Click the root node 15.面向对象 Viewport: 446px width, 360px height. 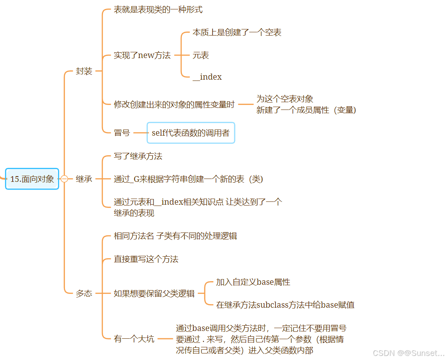tap(32, 179)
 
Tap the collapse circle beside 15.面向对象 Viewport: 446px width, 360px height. tap(64, 179)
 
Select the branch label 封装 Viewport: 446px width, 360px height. tap(84, 72)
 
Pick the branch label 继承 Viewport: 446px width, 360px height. tap(84, 179)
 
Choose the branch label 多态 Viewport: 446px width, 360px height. tap(84, 293)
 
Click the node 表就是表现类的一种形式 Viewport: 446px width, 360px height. tap(158, 10)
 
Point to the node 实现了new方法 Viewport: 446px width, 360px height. tap(142, 56)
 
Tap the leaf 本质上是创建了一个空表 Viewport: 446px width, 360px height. tap(237, 33)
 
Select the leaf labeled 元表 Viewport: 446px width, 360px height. tap(201, 56)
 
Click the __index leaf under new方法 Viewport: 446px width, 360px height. tap(207, 77)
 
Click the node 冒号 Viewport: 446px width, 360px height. tap(122, 133)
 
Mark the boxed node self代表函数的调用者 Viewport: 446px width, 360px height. tap(191, 133)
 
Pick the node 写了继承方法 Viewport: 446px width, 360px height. tap(138, 156)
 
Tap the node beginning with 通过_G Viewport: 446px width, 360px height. tap(188, 179)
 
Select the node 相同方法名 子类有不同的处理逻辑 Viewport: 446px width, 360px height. tap(175, 236)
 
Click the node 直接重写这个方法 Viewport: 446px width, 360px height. tap(146, 259)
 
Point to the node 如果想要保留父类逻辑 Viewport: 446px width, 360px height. tap(154, 293)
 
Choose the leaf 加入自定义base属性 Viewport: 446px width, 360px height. tap(253, 282)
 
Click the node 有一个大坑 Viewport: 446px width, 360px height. tap(134, 339)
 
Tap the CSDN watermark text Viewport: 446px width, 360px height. tap(408, 353)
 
